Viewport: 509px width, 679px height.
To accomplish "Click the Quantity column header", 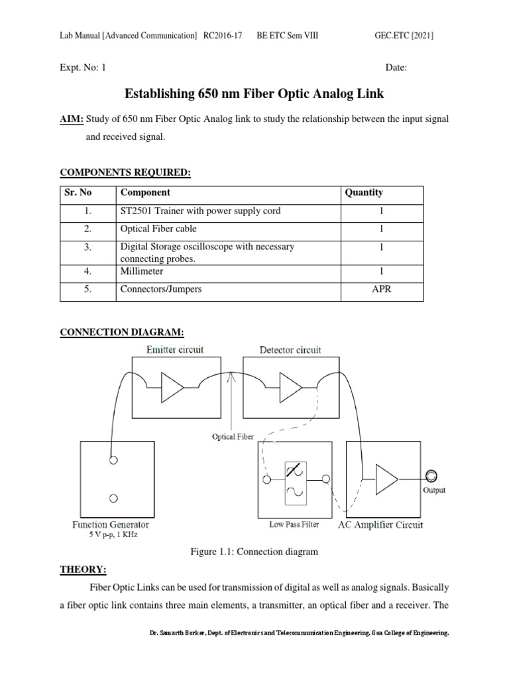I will (363, 193).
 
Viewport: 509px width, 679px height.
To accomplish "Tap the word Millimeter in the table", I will (141, 271).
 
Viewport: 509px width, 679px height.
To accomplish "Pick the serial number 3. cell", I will (88, 247).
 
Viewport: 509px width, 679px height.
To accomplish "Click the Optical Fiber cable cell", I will (158, 229).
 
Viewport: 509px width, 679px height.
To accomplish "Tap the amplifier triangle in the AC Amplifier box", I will (387, 476).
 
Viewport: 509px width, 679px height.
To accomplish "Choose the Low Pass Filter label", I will (294, 525).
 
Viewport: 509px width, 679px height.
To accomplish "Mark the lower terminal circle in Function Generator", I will (115, 497).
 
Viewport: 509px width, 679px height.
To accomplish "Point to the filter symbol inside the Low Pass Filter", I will (294, 480).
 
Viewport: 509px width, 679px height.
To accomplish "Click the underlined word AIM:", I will (72, 119).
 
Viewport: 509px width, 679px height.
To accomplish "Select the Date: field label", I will (396, 67).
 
